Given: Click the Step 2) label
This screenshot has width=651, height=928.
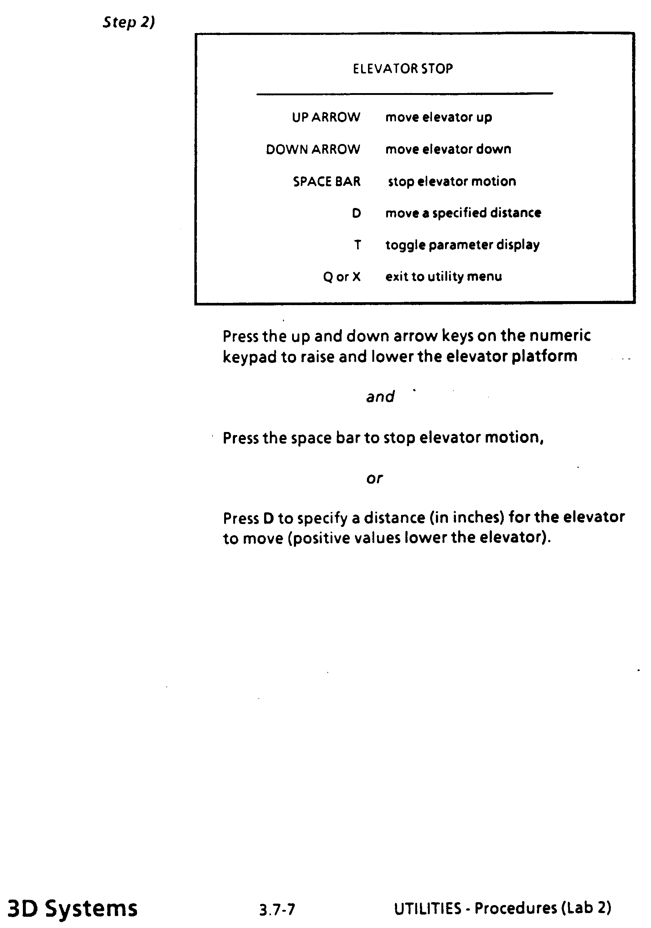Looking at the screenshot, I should click(x=129, y=22).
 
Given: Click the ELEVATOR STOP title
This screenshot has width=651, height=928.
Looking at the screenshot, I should click(x=403, y=69).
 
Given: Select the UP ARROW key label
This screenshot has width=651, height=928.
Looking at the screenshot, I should click(x=326, y=117).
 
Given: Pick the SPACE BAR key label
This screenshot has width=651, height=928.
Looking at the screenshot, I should click(x=327, y=181).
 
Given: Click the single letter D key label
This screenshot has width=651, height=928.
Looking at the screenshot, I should click(x=356, y=213).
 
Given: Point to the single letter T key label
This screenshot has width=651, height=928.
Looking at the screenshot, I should click(x=357, y=245).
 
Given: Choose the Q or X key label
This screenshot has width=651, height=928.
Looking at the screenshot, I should click(x=341, y=277).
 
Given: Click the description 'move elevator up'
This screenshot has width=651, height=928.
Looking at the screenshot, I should click(x=438, y=117).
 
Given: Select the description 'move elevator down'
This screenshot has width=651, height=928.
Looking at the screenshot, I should click(x=448, y=149).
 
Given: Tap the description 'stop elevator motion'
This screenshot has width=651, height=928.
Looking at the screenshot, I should click(x=452, y=181).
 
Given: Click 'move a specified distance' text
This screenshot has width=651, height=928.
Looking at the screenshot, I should click(x=463, y=213).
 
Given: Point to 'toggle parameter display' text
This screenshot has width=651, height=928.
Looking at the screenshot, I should click(x=462, y=245).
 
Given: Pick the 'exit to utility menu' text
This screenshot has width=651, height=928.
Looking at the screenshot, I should click(x=444, y=276).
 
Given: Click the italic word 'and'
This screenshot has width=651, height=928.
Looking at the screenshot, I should click(x=380, y=397).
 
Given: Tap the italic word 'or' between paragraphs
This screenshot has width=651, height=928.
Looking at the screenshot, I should click(x=375, y=479).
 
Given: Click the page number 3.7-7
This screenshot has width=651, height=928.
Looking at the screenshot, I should click(x=277, y=909).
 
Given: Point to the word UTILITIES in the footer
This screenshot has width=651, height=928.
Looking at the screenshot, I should click(x=427, y=908).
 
